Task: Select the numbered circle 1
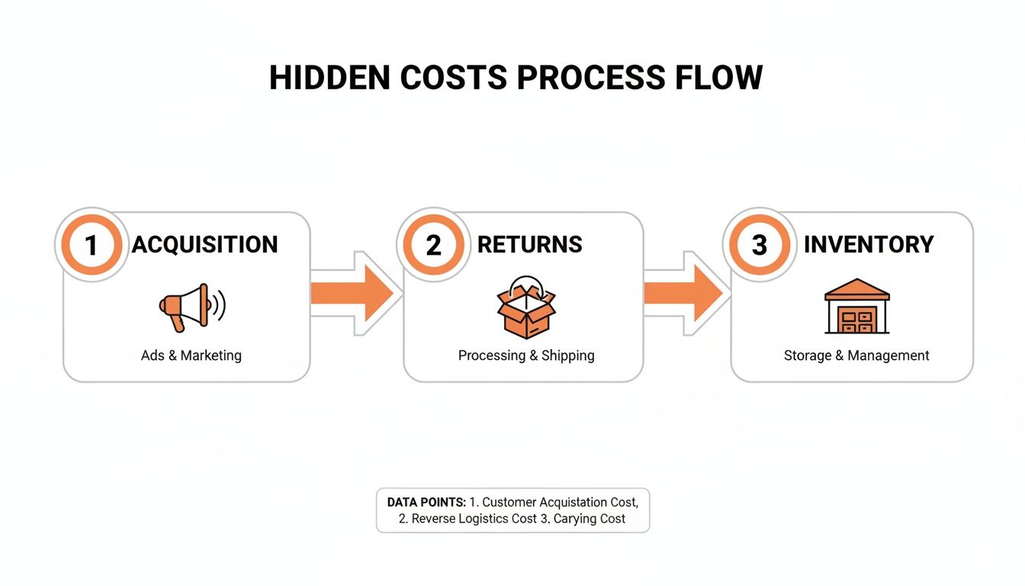pyautogui.click(x=92, y=245)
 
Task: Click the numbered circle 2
pyautogui.click(x=433, y=245)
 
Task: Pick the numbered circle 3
pyautogui.click(x=760, y=245)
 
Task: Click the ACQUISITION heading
pyautogui.click(x=205, y=245)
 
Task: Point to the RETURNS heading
pyautogui.click(x=530, y=245)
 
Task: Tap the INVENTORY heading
pyautogui.click(x=869, y=245)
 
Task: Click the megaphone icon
pyautogui.click(x=191, y=307)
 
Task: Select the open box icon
pyautogui.click(x=526, y=307)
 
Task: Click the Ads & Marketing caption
pyautogui.click(x=191, y=356)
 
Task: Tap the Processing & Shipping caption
pyautogui.click(x=526, y=356)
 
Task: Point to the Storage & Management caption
pyautogui.click(x=856, y=356)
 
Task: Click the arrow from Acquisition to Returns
pyautogui.click(x=355, y=293)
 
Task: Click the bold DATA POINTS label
pyautogui.click(x=426, y=502)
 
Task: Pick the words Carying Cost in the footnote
pyautogui.click(x=590, y=519)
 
